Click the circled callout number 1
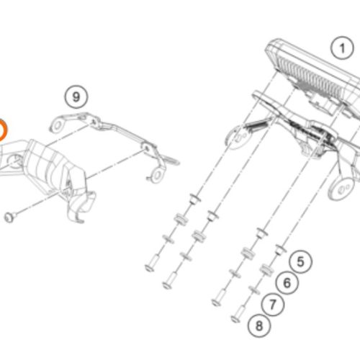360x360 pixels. (x=342, y=48)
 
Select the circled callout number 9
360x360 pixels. (x=76, y=97)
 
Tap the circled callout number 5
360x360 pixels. (x=301, y=261)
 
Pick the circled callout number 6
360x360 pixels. (x=287, y=283)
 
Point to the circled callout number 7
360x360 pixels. (x=272, y=305)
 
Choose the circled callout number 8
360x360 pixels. (x=259, y=325)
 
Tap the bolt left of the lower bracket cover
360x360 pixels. (x=10, y=217)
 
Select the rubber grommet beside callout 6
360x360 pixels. (x=266, y=271)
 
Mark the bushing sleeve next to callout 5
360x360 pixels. (x=280, y=250)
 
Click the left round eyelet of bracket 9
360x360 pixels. (x=58, y=125)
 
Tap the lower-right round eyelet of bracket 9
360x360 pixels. (x=158, y=175)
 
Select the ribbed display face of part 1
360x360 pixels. (x=310, y=78)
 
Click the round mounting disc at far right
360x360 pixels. (x=341, y=189)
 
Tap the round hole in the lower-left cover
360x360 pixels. (x=16, y=161)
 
